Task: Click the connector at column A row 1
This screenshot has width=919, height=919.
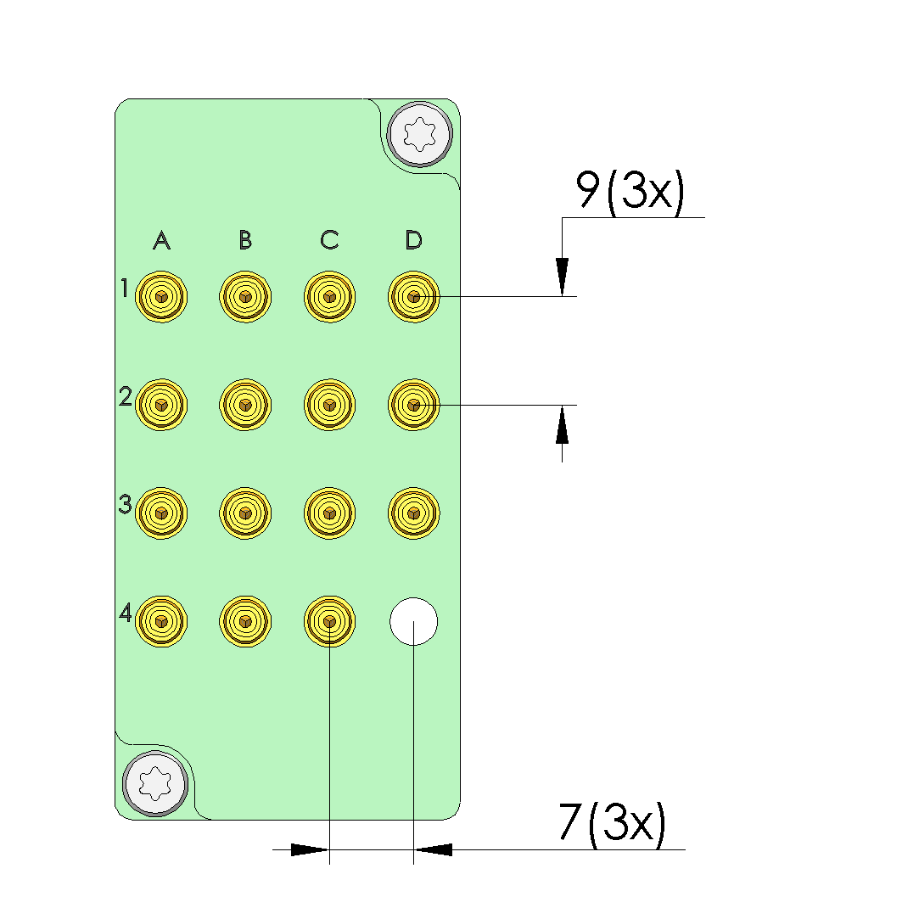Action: [x=161, y=297]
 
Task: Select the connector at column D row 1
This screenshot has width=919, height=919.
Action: [x=413, y=297]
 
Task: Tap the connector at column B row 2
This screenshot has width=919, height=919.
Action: [x=245, y=405]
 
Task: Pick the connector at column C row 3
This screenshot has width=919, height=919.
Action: [x=329, y=513]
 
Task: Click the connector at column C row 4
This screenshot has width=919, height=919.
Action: [x=329, y=621]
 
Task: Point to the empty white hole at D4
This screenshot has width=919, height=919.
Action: [x=413, y=621]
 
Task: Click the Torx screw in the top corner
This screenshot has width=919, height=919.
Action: [x=419, y=133]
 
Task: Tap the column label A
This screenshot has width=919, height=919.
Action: [x=161, y=241]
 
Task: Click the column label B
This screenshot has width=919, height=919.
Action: [x=245, y=241]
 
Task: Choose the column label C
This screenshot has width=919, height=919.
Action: [x=329, y=241]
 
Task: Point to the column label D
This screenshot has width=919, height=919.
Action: [x=413, y=241]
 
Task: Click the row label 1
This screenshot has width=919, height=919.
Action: [x=124, y=289]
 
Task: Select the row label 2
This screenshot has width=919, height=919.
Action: [x=125, y=396]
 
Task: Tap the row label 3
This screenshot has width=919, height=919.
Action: [x=125, y=505]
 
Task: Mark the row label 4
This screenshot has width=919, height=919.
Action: [x=125, y=613]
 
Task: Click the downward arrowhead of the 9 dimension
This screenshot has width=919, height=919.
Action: [x=562, y=277]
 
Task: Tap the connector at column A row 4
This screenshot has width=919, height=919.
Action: [x=161, y=621]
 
